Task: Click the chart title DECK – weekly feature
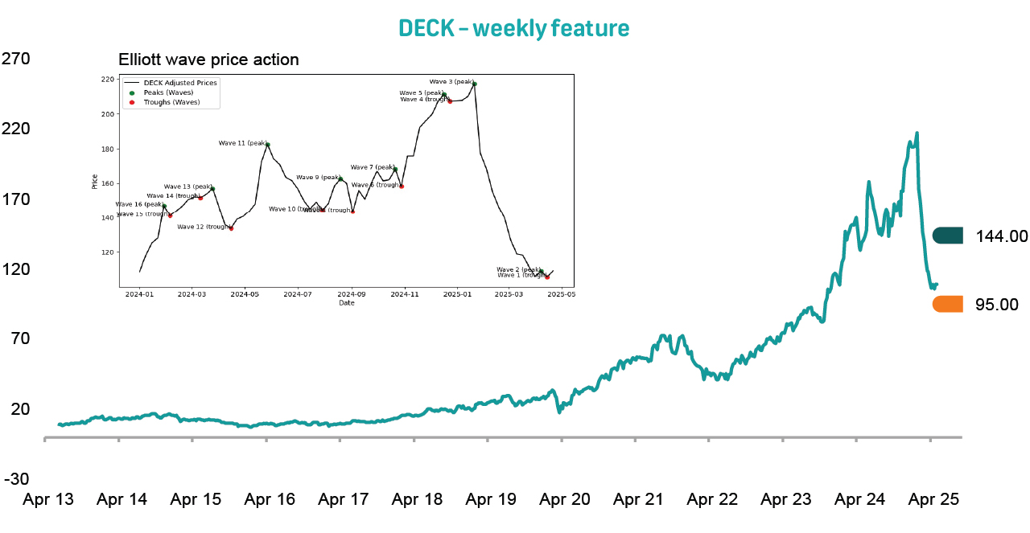point(514,28)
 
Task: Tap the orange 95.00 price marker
point(948,304)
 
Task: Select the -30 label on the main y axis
point(17,479)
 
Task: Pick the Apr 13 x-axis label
point(48,499)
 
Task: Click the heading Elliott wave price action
point(208,59)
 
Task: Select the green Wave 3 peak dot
point(475,84)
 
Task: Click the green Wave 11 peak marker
point(268,145)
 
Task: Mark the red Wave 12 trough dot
point(231,228)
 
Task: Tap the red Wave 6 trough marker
point(402,187)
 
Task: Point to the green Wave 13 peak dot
point(212,188)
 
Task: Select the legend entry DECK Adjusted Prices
point(179,83)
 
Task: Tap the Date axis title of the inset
point(346,303)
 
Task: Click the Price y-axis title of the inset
point(95,182)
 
